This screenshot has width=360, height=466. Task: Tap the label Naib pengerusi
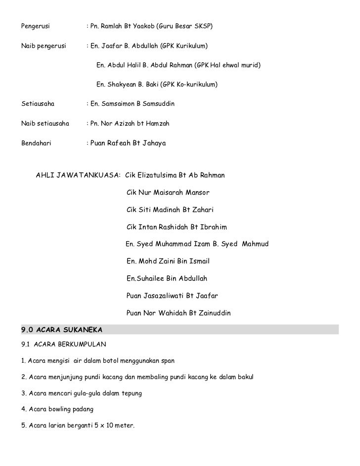[44, 46]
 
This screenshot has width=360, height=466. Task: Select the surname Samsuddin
[155, 104]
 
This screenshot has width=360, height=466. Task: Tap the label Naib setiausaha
[45, 124]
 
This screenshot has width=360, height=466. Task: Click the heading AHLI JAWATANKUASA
[78, 175]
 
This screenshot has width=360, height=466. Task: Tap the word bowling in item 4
[63, 409]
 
